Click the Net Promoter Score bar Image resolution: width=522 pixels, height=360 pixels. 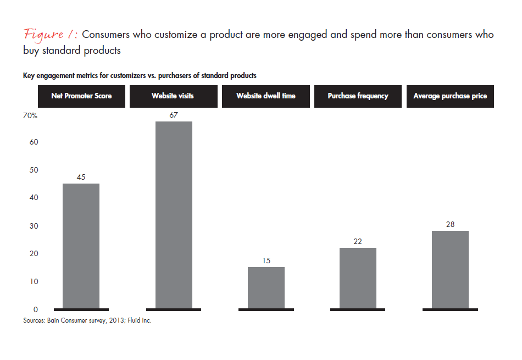pos(81,246)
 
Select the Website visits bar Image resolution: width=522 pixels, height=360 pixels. pos(174,215)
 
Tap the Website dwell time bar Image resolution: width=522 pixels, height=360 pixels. pos(266,287)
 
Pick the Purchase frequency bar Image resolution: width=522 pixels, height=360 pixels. pos(358,278)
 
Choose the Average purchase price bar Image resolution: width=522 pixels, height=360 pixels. pos(450,269)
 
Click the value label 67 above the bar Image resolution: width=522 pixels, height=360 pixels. pos(174,114)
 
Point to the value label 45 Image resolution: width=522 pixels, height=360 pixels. pos(81,176)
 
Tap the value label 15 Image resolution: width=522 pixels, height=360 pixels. pos(266,261)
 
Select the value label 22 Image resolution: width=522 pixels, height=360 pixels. pos(358,241)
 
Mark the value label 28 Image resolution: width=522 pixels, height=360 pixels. pos(450,224)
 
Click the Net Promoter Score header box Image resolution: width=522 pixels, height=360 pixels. pos(81,96)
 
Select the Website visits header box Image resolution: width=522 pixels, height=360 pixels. pos(173,96)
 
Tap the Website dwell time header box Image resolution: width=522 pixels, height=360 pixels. pos(266,96)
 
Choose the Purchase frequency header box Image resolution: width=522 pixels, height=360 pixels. pos(358,96)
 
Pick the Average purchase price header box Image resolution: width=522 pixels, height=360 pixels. pos(450,96)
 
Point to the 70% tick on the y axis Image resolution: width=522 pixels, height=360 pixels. pos(30,116)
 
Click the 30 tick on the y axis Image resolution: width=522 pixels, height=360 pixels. pos(33,226)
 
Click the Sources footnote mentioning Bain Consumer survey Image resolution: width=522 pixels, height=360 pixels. pos(87,320)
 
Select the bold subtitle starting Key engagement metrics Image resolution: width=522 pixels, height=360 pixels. pos(139,75)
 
